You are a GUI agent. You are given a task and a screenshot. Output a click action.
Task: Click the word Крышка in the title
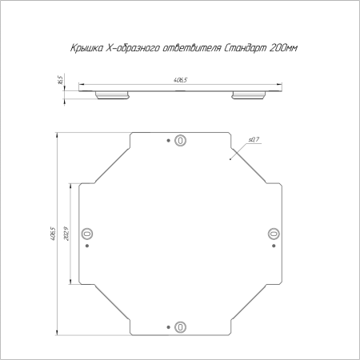click(x=86, y=48)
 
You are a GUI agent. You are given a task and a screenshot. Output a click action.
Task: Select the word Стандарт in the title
click(x=244, y=48)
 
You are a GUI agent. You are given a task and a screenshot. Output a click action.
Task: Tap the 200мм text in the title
click(x=283, y=48)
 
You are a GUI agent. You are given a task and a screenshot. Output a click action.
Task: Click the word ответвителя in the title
click(x=191, y=48)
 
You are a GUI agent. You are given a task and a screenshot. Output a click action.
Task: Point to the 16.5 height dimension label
click(x=60, y=80)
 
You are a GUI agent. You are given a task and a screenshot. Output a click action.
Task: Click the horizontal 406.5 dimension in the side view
click(x=180, y=80)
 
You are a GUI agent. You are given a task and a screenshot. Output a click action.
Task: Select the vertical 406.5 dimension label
click(x=53, y=234)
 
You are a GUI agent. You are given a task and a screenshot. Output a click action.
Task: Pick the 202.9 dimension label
click(x=66, y=234)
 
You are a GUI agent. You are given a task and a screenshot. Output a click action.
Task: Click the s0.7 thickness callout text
click(x=254, y=139)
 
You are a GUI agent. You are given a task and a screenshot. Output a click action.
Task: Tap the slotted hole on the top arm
click(x=180, y=140)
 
